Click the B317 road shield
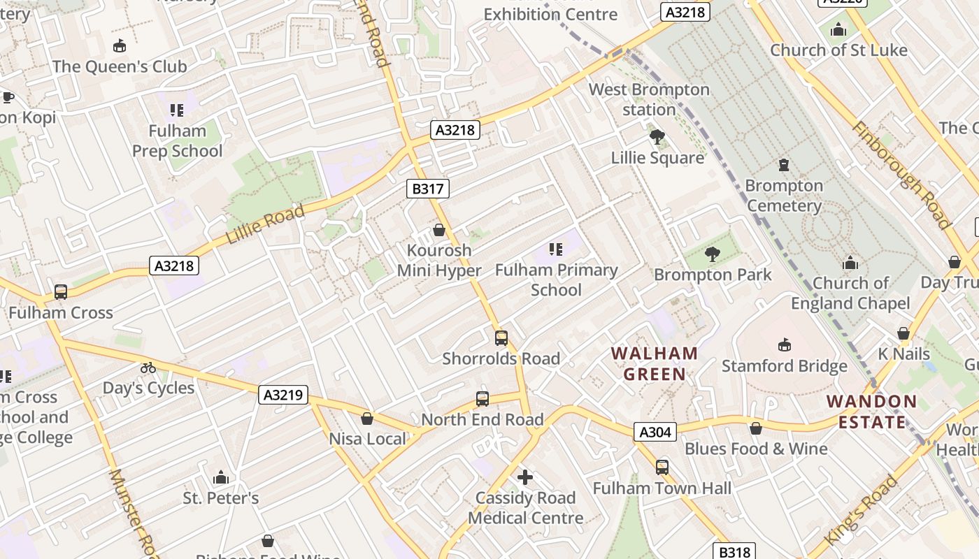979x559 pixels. click(427, 188)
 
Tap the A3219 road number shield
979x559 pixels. click(283, 395)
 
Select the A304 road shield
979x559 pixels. click(655, 432)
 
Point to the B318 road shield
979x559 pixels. click(734, 552)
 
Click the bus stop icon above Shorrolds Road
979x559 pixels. click(501, 338)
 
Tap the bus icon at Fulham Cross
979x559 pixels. click(61, 292)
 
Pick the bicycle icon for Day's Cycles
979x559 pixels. click(148, 368)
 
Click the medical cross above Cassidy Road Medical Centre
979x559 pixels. click(525, 477)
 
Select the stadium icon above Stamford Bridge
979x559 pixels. click(785, 344)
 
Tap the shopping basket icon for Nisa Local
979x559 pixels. click(367, 419)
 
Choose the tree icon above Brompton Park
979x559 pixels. click(713, 254)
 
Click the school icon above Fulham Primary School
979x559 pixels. click(556, 249)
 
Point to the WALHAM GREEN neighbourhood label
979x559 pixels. click(655, 363)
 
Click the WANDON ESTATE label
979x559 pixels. click(871, 412)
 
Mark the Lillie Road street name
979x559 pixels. click(265, 224)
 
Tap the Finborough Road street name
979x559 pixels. click(901, 175)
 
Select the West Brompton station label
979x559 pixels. click(649, 99)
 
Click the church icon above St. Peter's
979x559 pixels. click(221, 478)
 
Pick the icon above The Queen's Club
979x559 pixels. click(120, 46)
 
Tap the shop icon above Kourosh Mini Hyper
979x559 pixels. click(439, 230)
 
